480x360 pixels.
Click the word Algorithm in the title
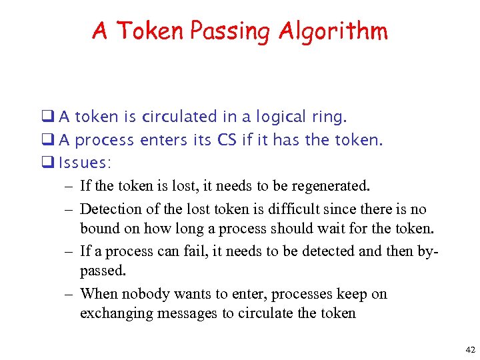click(x=333, y=31)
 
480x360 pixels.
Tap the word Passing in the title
click(x=231, y=31)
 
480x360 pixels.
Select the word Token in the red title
click(x=153, y=31)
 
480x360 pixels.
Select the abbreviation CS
click(x=227, y=140)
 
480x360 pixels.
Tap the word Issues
click(x=83, y=163)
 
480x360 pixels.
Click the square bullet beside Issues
click(x=51, y=163)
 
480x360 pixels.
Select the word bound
click(x=99, y=229)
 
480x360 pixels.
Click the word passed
click(x=103, y=271)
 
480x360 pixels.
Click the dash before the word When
click(x=69, y=294)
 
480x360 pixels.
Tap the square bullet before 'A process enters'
click(x=51, y=140)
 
